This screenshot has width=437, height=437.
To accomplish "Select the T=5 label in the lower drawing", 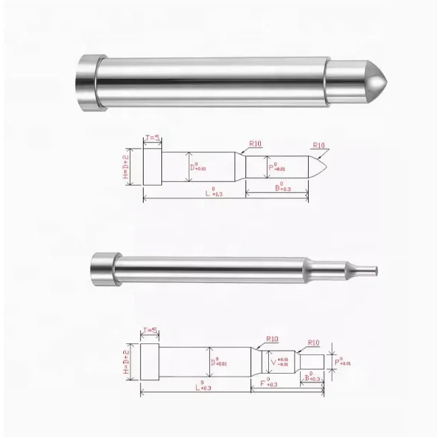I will coord(150,332).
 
